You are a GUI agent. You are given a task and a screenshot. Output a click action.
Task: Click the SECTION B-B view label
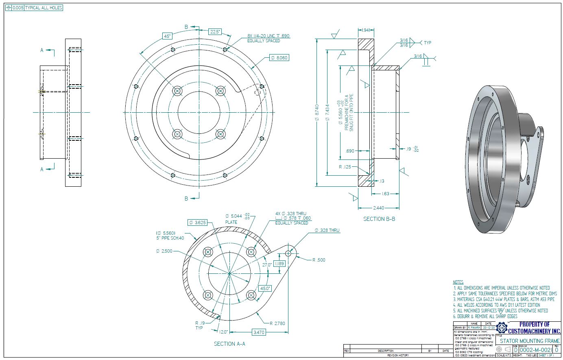(x=379, y=219)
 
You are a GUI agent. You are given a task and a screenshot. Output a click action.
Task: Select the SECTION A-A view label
(x=229, y=344)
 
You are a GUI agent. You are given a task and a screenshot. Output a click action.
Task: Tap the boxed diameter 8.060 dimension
(x=279, y=58)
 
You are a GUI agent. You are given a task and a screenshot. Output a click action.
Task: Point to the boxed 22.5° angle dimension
(x=215, y=32)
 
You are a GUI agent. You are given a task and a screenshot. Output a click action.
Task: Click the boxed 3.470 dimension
(x=259, y=332)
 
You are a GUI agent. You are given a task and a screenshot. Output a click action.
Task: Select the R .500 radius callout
(x=319, y=260)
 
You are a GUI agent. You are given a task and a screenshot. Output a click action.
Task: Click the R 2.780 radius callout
(x=277, y=324)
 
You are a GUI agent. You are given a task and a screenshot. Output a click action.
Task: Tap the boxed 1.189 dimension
(x=279, y=264)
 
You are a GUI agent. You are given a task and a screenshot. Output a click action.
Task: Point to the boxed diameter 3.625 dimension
(x=198, y=223)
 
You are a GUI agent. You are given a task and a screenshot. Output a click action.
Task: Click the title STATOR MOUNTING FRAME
(x=529, y=341)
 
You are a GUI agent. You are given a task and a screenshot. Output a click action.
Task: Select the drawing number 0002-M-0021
(x=535, y=350)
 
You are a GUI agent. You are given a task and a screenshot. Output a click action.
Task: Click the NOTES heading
(x=458, y=282)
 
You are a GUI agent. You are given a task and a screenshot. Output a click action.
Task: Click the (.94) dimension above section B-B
(x=365, y=30)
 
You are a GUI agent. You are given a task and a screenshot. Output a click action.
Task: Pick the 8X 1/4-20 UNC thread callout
(x=268, y=36)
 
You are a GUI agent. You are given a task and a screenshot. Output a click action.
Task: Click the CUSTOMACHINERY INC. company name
(x=533, y=331)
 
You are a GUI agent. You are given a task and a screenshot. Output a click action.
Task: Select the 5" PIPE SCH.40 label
(x=170, y=238)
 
